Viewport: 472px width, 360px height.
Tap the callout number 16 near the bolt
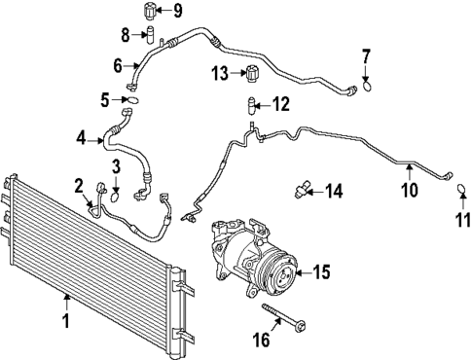point(262,340)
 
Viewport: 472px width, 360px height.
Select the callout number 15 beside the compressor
point(321,271)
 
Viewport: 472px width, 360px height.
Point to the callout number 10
point(410,190)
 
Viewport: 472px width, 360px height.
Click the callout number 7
point(366,57)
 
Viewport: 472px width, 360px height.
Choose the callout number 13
point(220,73)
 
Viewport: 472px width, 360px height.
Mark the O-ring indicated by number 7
point(367,87)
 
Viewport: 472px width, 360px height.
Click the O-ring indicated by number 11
point(461,189)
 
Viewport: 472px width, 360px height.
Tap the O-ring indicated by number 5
point(133,100)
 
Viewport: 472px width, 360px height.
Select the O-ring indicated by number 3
point(115,197)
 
